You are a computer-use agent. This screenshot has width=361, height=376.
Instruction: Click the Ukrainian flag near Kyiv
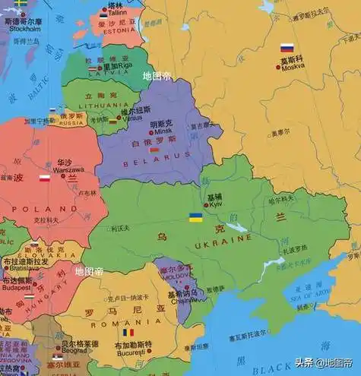[x=195, y=218]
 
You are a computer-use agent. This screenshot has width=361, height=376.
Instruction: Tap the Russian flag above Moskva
[x=287, y=48]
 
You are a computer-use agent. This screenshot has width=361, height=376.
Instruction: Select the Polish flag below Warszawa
[x=45, y=179]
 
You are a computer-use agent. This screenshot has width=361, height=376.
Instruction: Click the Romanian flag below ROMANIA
[x=128, y=333]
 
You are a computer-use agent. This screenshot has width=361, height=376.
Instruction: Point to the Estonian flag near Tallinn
[x=103, y=15]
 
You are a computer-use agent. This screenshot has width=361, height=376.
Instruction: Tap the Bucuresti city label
[x=134, y=353]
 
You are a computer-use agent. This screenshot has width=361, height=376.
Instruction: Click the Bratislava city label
[x=20, y=268]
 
